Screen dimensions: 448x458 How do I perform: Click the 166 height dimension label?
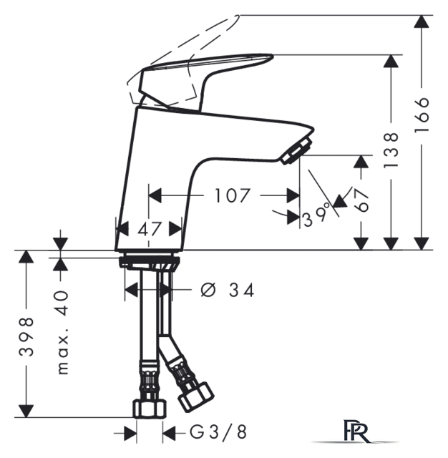tap(422, 114)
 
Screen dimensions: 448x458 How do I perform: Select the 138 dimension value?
tap(391, 150)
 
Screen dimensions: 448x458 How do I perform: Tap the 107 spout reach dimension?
tap(233, 195)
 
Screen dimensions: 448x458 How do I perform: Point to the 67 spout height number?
tap(361, 200)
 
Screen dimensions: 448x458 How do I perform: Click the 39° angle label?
tap(316, 216)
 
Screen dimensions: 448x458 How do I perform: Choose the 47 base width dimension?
tap(150, 229)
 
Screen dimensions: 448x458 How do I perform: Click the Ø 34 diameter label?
tap(228, 290)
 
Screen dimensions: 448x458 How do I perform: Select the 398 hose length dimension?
tap(26, 336)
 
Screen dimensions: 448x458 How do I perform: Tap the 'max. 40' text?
tap(62, 332)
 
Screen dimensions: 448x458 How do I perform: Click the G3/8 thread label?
tap(218, 432)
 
